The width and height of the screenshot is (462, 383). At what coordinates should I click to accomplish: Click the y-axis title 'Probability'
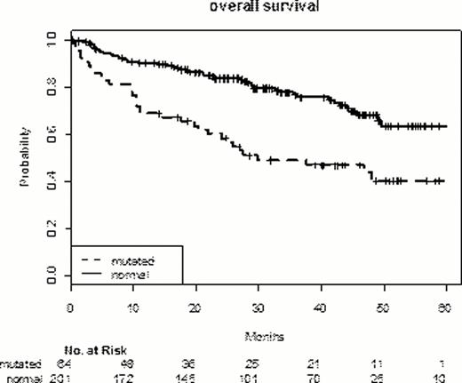[28, 157]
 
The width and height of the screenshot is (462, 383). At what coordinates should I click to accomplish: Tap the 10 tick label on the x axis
[132, 307]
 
